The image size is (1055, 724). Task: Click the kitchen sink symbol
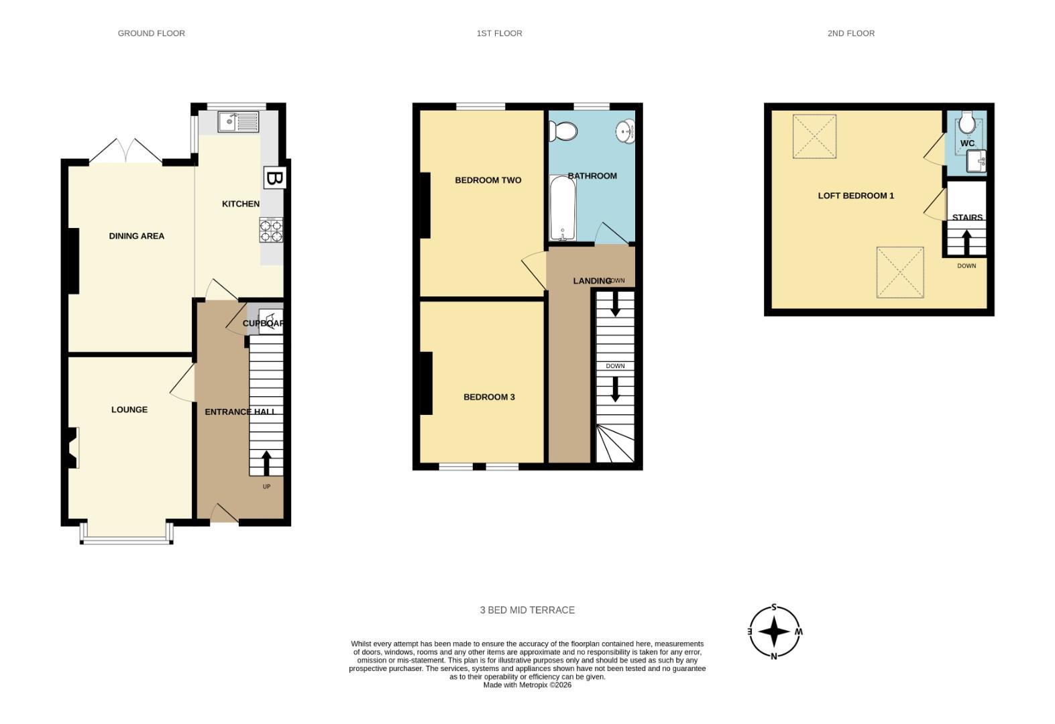pyautogui.click(x=238, y=122)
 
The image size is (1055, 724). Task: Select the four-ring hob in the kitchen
pyautogui.click(x=271, y=230)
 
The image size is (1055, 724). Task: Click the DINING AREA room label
pyautogui.click(x=136, y=236)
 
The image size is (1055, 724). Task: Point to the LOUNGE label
pyautogui.click(x=129, y=410)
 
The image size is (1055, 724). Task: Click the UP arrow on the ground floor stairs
pyautogui.click(x=266, y=463)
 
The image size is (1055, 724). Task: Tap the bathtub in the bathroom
pyautogui.click(x=561, y=208)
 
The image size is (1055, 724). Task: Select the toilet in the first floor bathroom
pyautogui.click(x=563, y=131)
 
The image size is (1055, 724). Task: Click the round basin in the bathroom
pyautogui.click(x=626, y=131)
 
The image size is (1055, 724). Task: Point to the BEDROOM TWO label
pyautogui.click(x=488, y=180)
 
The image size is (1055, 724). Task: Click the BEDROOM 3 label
pyautogui.click(x=489, y=397)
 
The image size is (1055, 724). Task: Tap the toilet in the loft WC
pyautogui.click(x=967, y=123)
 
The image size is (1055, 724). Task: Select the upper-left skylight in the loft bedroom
pyautogui.click(x=814, y=136)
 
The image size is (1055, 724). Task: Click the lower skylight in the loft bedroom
pyautogui.click(x=900, y=272)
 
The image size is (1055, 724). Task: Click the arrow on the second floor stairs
pyautogui.click(x=966, y=243)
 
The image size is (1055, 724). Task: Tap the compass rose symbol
pyautogui.click(x=775, y=631)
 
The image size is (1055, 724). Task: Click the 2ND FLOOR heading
pyautogui.click(x=850, y=33)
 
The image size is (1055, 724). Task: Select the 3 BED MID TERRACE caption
pyautogui.click(x=527, y=610)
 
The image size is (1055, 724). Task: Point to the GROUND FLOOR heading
pyautogui.click(x=151, y=33)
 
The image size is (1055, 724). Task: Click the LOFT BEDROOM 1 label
pyautogui.click(x=856, y=196)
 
